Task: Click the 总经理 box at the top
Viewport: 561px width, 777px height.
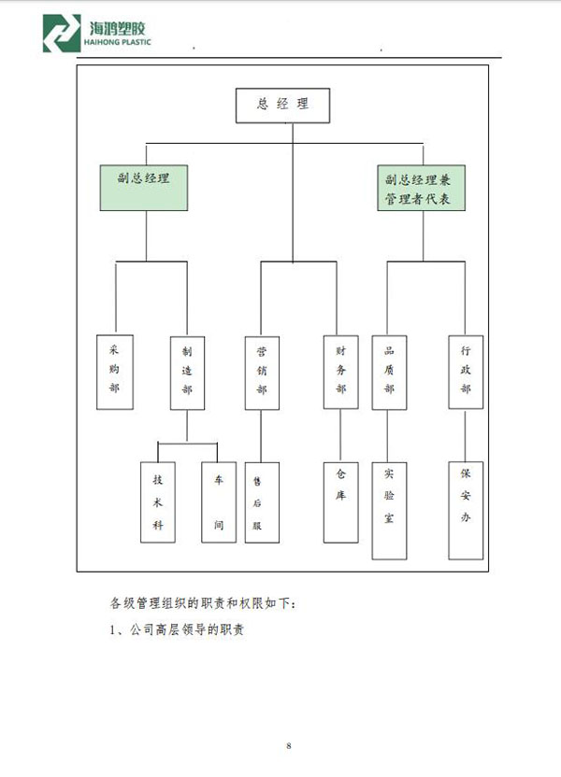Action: tap(282, 105)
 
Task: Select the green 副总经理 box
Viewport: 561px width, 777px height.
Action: tap(144, 188)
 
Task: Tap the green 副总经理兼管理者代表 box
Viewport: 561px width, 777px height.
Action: tap(421, 188)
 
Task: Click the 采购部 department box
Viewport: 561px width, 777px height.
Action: tap(115, 372)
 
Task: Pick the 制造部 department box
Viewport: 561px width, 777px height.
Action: tap(188, 374)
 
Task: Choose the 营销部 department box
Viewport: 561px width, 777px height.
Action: tap(262, 374)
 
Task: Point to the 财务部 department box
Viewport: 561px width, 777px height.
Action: tap(340, 372)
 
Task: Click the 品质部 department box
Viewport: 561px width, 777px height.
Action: tap(389, 373)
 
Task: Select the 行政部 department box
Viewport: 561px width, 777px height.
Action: tap(466, 372)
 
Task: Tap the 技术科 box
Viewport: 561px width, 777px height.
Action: tap(158, 502)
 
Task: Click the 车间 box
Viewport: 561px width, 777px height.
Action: tap(219, 502)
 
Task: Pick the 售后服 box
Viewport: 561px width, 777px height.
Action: tap(262, 502)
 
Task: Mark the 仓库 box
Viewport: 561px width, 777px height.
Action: tap(340, 502)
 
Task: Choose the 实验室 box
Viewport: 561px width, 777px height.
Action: tap(389, 511)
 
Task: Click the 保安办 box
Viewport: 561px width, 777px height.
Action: tap(466, 511)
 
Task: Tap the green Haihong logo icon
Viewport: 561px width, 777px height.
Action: tap(62, 34)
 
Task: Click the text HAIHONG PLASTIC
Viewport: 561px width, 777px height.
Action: tap(117, 42)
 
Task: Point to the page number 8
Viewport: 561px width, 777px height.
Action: tap(289, 746)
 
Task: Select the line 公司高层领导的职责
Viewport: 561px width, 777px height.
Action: tap(187, 629)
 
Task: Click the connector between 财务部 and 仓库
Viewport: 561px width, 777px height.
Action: tap(340, 435)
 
